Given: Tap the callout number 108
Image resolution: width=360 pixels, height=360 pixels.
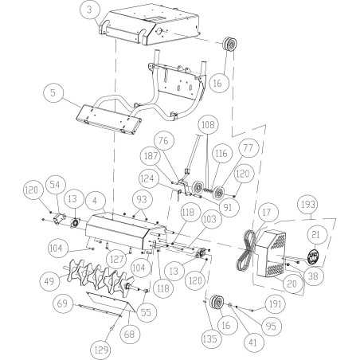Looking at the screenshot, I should tap(207, 125).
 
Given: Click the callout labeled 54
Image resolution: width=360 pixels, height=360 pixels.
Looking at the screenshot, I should tap(55, 185).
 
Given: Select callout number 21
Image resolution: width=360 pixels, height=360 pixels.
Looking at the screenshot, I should tap(314, 234).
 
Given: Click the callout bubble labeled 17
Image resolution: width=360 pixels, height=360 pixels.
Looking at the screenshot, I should tap(266, 213).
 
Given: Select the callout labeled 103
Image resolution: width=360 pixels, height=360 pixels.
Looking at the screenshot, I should tap(209, 217).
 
